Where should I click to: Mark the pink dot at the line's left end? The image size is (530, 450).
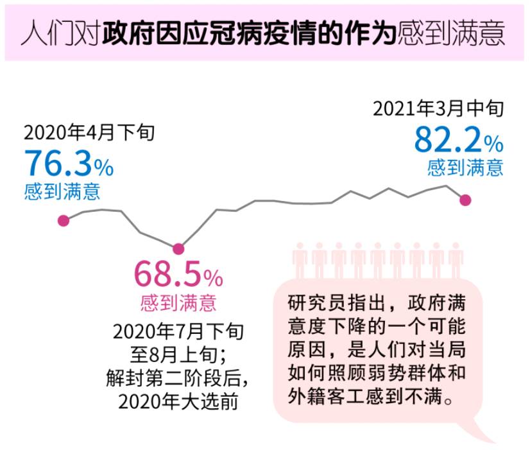[x=64, y=221]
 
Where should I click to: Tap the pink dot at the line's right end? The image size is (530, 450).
[x=466, y=200]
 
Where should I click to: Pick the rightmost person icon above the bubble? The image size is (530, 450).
[x=456, y=261]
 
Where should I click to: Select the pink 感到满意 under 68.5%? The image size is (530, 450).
[x=178, y=302]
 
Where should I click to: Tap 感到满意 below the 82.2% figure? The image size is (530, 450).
[x=465, y=168]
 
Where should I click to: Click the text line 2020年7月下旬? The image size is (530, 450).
[x=178, y=332]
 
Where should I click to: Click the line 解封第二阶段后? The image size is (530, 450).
[x=178, y=378]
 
